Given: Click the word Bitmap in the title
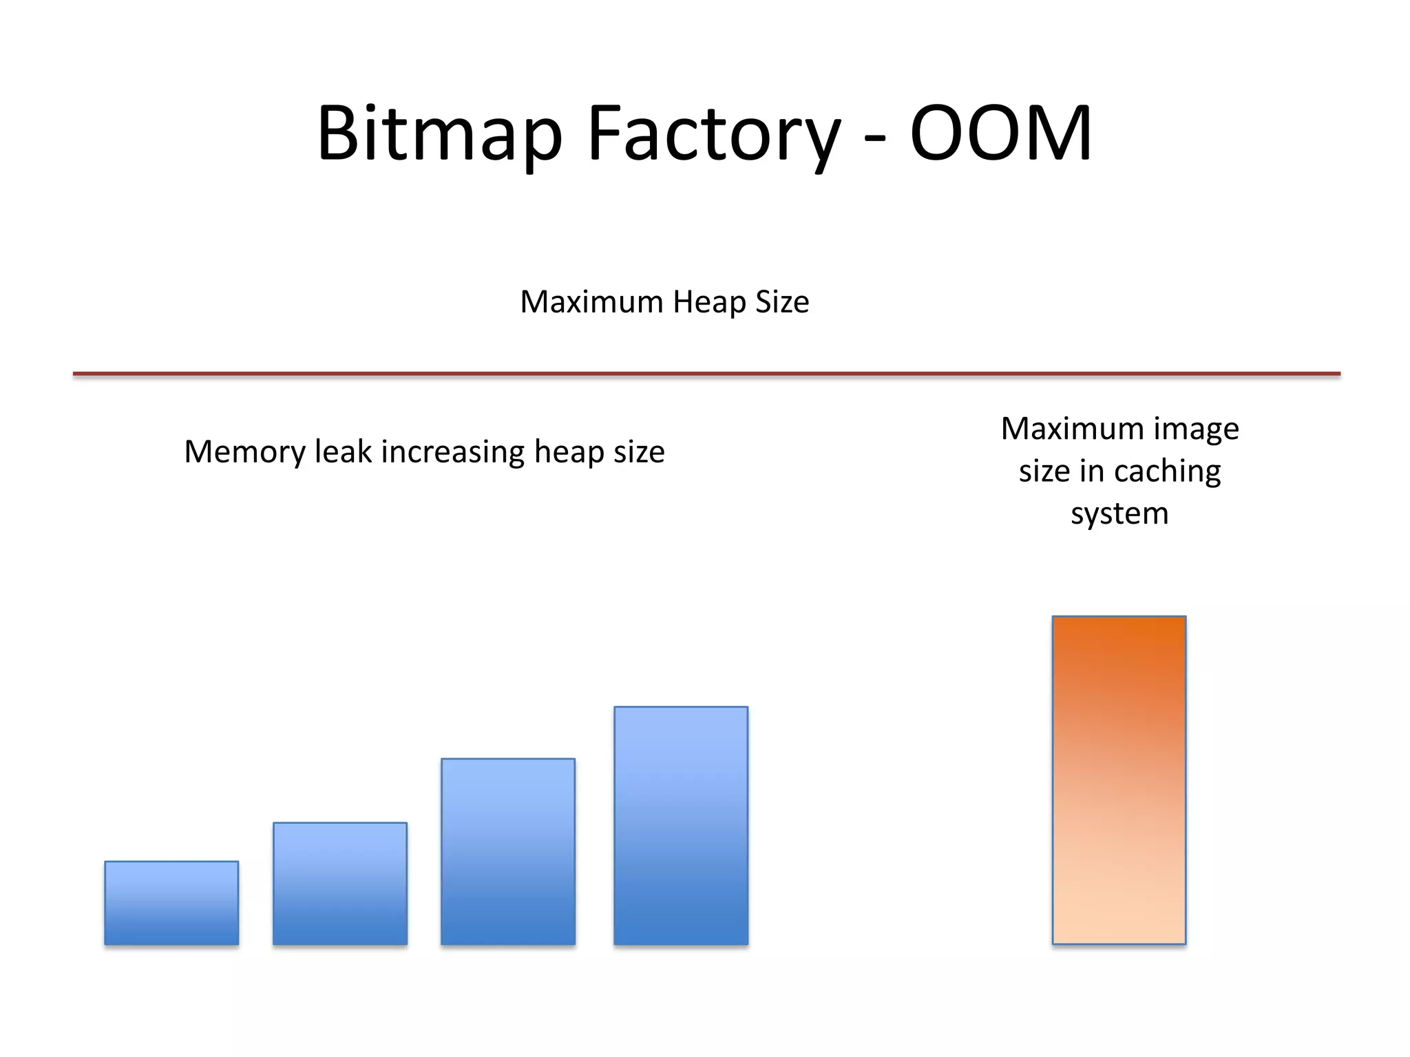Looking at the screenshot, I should (439, 134).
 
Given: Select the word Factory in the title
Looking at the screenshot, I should (713, 134).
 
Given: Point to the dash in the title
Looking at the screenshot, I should (874, 138).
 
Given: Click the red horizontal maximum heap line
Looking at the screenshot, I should (706, 374).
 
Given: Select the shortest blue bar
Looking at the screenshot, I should (171, 902).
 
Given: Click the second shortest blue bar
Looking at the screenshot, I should (340, 883).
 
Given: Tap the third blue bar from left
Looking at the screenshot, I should (508, 851).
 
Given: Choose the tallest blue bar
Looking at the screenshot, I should (681, 825).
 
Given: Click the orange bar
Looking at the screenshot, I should (1119, 780).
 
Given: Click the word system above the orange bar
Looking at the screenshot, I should (1119, 514).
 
